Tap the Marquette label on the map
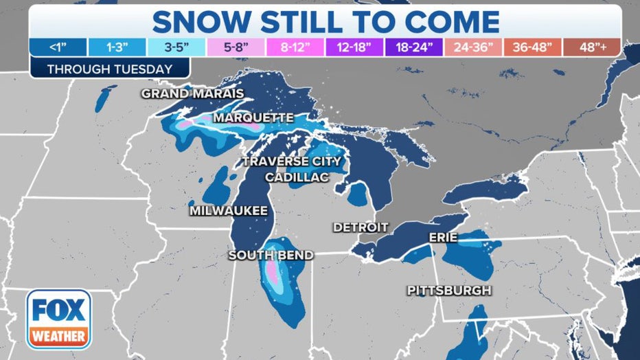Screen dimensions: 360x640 pos(253,118)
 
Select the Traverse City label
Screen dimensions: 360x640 pos(291,162)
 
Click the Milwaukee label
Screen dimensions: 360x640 pos(229,211)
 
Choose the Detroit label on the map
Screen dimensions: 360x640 pos(361,227)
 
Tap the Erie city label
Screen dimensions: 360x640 pos(443,237)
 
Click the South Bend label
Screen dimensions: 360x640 pos(271,256)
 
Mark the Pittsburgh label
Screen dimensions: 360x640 pos(449,291)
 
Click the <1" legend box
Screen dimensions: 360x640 pos(58,47)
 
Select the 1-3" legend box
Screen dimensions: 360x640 pos(117,47)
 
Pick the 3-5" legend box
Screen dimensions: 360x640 pos(176,47)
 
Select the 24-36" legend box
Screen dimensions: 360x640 pos(472,47)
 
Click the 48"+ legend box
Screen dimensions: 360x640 pos(591,47)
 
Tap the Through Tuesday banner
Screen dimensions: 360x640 pos(110,69)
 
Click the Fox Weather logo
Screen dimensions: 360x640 pos(58,319)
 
